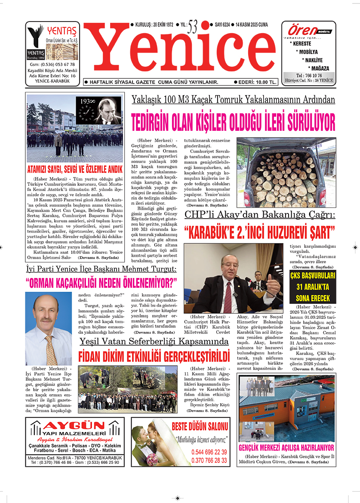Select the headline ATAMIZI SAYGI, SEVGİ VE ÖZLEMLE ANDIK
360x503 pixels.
coord(74,169)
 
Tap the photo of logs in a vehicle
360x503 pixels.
coord(286,173)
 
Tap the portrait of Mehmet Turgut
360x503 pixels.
coord(48,329)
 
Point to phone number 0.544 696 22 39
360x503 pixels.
coord(209,452)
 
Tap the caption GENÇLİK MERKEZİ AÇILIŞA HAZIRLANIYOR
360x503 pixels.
coord(286,447)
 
